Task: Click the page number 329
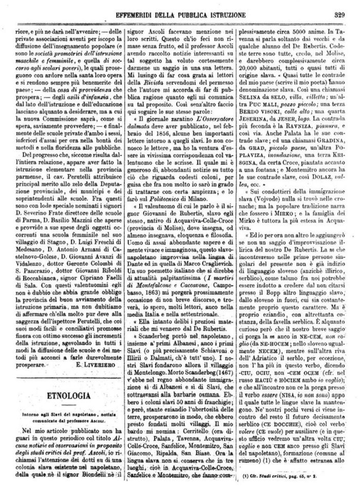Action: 338,7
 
